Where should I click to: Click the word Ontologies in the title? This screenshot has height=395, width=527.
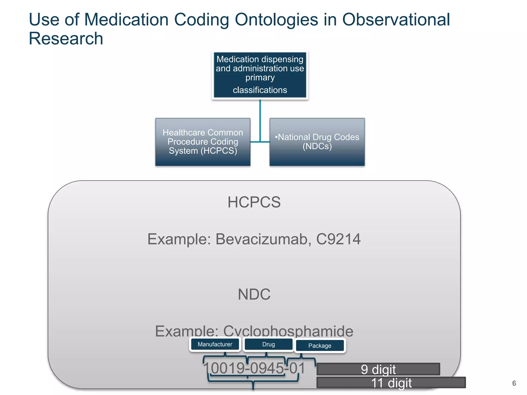276,20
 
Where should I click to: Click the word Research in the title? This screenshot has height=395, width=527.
66,39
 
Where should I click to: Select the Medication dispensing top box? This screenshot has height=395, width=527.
260,75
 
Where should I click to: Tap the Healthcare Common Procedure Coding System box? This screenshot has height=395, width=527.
203,142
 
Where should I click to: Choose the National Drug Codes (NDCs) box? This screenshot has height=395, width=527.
317,142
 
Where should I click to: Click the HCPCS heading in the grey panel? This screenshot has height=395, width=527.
254,202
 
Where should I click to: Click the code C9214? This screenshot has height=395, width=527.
338,239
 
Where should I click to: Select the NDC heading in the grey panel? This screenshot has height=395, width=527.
254,294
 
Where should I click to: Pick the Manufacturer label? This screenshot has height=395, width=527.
215,344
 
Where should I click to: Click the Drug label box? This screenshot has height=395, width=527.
268,344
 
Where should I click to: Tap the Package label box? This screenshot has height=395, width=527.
320,346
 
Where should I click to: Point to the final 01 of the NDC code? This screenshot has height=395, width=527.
297,368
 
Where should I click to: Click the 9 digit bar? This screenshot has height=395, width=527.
378,369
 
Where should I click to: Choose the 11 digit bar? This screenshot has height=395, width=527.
391,383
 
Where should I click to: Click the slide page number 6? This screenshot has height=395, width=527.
514,383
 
